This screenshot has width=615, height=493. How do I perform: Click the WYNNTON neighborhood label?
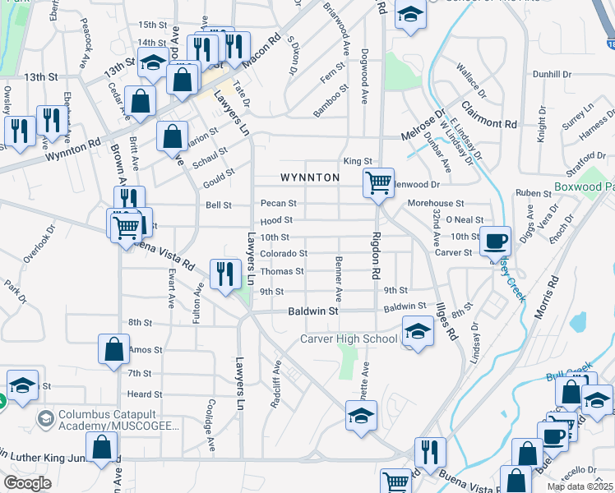point(310,177)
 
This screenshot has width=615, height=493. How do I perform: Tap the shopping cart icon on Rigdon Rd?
point(378,182)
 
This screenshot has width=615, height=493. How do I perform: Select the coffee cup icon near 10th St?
point(495,241)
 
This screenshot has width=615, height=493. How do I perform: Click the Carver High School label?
point(349,339)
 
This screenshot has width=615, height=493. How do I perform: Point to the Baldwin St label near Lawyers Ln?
point(313,311)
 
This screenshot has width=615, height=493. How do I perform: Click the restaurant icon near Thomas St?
point(224,274)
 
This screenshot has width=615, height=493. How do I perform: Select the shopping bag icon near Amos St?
point(113,349)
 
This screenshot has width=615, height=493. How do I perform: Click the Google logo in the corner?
point(27,482)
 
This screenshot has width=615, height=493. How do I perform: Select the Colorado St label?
point(284,254)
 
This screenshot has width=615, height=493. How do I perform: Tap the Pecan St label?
point(278,203)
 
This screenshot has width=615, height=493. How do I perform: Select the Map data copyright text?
point(579,486)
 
